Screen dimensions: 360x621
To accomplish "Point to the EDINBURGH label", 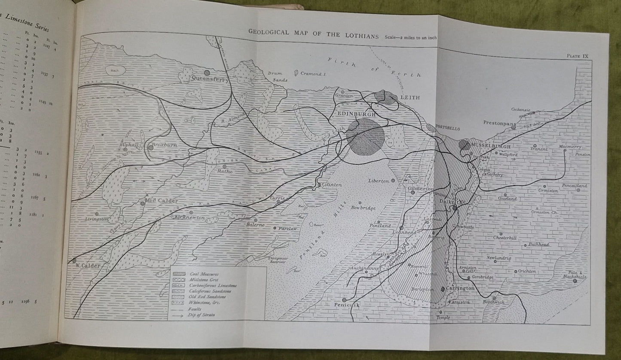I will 356,115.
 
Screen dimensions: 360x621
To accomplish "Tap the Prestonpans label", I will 499,122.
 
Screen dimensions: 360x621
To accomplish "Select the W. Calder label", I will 89,265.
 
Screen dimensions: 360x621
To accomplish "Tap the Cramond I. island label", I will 314,73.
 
